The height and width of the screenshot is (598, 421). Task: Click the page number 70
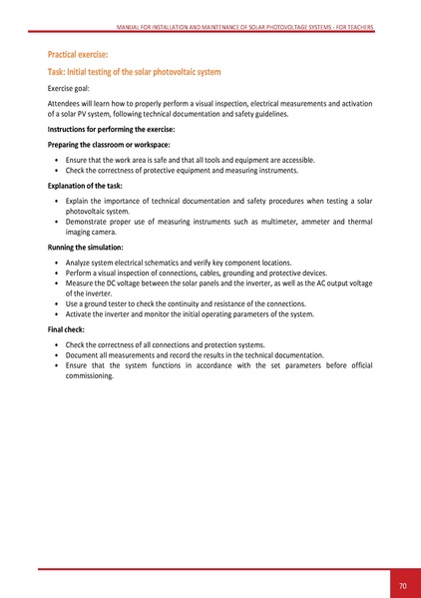point(402,585)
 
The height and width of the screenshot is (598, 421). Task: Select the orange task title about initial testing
point(134,74)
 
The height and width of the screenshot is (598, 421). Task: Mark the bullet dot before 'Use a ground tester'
point(56,302)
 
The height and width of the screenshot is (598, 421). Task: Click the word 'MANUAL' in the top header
point(130,28)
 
